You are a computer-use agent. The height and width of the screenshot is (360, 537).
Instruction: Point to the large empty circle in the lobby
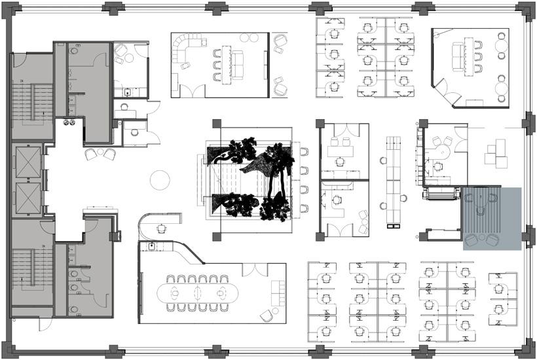tap(160, 179)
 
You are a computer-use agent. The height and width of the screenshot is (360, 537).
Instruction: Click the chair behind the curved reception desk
tap(161, 229)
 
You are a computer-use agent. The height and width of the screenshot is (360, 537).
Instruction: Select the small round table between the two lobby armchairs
tap(100, 153)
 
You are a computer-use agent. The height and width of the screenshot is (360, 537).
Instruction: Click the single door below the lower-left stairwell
tap(45, 323)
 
